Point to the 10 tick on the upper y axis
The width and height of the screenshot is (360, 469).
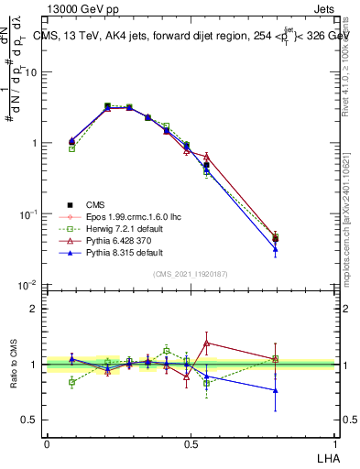coord(32,72)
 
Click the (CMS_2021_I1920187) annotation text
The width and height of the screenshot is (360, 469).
coord(191,274)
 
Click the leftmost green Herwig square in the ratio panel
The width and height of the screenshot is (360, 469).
coord(72,383)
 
